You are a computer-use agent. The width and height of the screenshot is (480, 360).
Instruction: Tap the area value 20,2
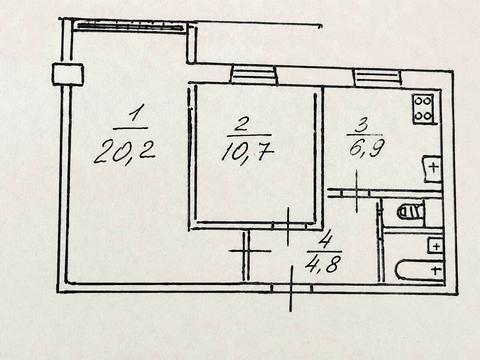(125, 152)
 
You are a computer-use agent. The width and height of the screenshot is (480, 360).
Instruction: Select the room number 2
(243, 124)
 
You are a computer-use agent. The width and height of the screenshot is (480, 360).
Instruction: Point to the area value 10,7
(248, 152)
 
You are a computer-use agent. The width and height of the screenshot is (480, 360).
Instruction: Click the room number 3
(362, 126)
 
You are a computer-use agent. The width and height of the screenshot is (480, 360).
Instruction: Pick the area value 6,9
(367, 147)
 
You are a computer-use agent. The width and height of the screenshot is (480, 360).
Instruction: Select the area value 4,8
(322, 264)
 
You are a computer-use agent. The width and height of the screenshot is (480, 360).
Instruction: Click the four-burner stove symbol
(423, 110)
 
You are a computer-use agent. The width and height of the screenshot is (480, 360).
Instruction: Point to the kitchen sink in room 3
(432, 169)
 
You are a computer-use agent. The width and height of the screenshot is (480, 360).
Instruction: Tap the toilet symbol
(411, 211)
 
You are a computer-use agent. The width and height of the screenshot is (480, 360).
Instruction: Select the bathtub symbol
(420, 269)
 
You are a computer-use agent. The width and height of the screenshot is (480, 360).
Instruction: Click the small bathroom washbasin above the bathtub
(436, 246)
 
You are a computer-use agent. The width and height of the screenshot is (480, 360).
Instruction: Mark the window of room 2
(254, 74)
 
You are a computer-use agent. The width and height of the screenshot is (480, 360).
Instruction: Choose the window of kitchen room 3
(377, 76)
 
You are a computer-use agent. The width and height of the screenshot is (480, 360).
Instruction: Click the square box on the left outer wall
(68, 74)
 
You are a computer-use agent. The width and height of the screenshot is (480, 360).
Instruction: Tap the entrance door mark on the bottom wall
(292, 288)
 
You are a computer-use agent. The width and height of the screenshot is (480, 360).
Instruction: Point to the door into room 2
(288, 226)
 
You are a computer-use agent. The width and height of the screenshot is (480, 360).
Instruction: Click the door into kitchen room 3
(357, 192)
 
